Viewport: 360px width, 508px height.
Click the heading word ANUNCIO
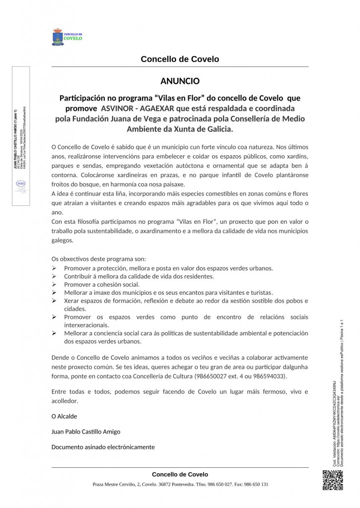180,80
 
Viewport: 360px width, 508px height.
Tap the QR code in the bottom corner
333,480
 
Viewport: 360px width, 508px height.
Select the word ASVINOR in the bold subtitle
119,108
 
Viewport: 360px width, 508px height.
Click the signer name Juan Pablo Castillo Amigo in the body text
86,432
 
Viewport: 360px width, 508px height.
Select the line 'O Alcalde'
64,416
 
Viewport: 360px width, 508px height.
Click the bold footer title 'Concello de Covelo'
180,474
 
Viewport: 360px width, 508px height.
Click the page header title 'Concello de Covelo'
180,60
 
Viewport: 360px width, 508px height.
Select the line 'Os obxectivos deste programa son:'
99,259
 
